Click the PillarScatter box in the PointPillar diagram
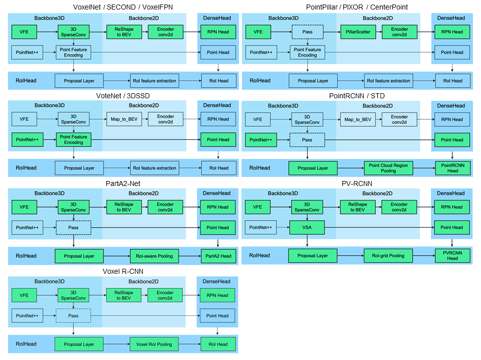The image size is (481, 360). pos(358,32)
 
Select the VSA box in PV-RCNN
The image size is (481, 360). pos(307,228)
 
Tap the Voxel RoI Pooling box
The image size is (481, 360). pos(154,344)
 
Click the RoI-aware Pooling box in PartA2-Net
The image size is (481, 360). pos(154,256)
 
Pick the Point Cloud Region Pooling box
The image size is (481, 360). pos(388,168)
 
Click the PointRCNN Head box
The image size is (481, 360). pos(452,168)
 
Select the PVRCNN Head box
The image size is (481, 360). pos(452,256)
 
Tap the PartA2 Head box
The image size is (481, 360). pos(218,256)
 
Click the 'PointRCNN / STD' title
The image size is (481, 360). pos(357,96)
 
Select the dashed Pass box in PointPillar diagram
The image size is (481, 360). pos(307,32)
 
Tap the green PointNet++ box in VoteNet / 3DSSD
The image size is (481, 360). pos(27,140)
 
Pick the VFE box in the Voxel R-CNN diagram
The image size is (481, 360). pos(24,295)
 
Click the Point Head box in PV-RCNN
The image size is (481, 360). pos(452,228)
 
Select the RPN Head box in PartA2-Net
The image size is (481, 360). pos(218,207)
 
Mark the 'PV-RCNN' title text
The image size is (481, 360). pos(357,184)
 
